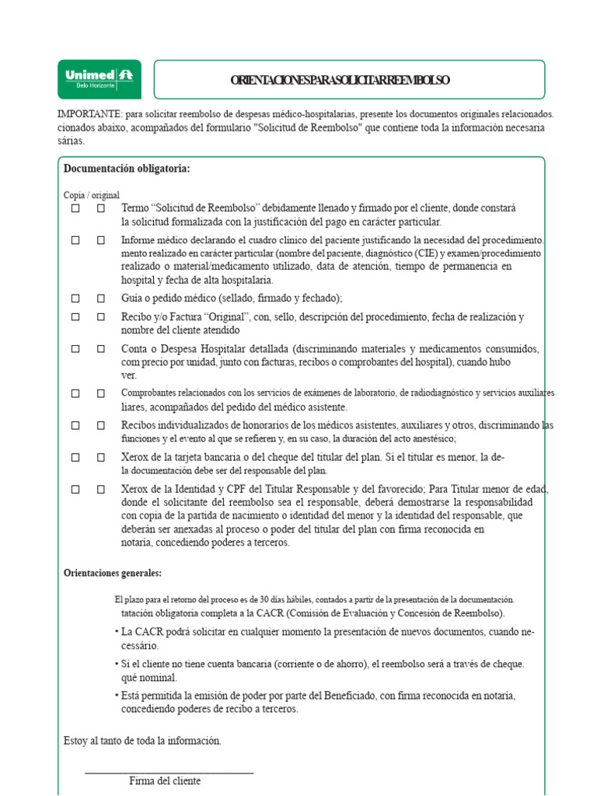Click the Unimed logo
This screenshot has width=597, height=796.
pyautogui.click(x=99, y=79)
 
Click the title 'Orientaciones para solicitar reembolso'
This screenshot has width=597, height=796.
pyautogui.click(x=340, y=81)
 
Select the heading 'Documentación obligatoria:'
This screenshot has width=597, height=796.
pyautogui.click(x=127, y=169)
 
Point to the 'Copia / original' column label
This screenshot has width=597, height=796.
pyautogui.click(x=92, y=195)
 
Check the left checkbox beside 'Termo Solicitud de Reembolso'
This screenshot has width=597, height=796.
pyautogui.click(x=75, y=208)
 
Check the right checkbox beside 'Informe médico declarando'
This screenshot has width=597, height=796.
pyautogui.click(x=101, y=240)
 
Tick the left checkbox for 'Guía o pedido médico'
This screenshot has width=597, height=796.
pyautogui.click(x=75, y=298)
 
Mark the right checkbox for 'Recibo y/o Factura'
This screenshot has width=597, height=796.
pyautogui.click(x=101, y=317)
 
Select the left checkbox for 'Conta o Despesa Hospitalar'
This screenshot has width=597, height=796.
pyautogui.click(x=75, y=349)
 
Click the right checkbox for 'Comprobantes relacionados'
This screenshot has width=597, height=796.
pyautogui.click(x=101, y=393)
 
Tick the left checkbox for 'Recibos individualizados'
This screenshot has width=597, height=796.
pyautogui.click(x=75, y=425)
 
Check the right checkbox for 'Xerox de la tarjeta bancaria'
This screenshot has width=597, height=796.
pyautogui.click(x=101, y=457)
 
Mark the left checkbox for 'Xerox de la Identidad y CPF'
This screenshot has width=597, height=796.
pyautogui.click(x=75, y=489)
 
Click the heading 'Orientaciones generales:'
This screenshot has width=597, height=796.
pyautogui.click(x=113, y=573)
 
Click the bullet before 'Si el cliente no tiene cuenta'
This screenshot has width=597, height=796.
pyautogui.click(x=116, y=663)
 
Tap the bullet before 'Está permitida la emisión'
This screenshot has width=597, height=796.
pyautogui.click(x=116, y=695)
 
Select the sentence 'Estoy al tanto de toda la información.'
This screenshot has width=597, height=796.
pyautogui.click(x=143, y=741)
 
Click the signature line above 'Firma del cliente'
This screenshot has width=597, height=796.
pyautogui.click(x=169, y=773)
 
